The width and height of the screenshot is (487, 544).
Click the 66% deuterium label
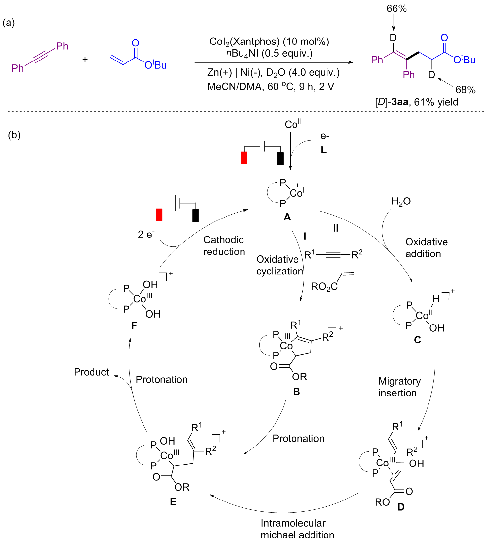pyautogui.click(x=396, y=9)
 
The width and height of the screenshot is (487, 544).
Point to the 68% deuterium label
pyautogui.click(x=465, y=90)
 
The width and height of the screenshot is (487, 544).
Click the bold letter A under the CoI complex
pyautogui.click(x=287, y=217)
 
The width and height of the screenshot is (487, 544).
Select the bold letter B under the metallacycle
pyautogui.click(x=296, y=392)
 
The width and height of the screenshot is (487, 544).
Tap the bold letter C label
pyautogui.click(x=417, y=340)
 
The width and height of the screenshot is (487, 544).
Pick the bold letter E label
pyautogui.click(x=173, y=502)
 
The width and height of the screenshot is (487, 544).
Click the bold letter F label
pyautogui.click(x=134, y=326)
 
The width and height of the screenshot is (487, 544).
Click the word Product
pyautogui.click(x=91, y=372)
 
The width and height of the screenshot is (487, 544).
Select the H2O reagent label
pyautogui.click(x=401, y=202)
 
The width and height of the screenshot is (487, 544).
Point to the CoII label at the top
pyautogui.click(x=293, y=124)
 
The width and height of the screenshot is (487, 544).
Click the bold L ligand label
pyautogui.click(x=324, y=150)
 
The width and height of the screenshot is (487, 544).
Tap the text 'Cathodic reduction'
pyautogui.click(x=224, y=246)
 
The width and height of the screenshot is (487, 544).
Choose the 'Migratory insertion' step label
pyautogui.click(x=399, y=387)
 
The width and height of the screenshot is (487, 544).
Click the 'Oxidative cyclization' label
pyautogui.click(x=279, y=265)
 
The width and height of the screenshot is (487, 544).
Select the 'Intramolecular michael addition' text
pyautogui.click(x=297, y=529)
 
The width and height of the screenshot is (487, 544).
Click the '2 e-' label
pyautogui.click(x=146, y=234)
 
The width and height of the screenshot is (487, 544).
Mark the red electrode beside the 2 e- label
pyautogui.click(x=159, y=215)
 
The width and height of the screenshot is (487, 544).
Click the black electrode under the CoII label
pyautogui.click(x=280, y=159)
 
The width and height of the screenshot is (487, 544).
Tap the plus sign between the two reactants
pyautogui.click(x=85, y=60)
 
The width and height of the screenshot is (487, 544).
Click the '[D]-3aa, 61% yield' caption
pyautogui.click(x=416, y=102)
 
